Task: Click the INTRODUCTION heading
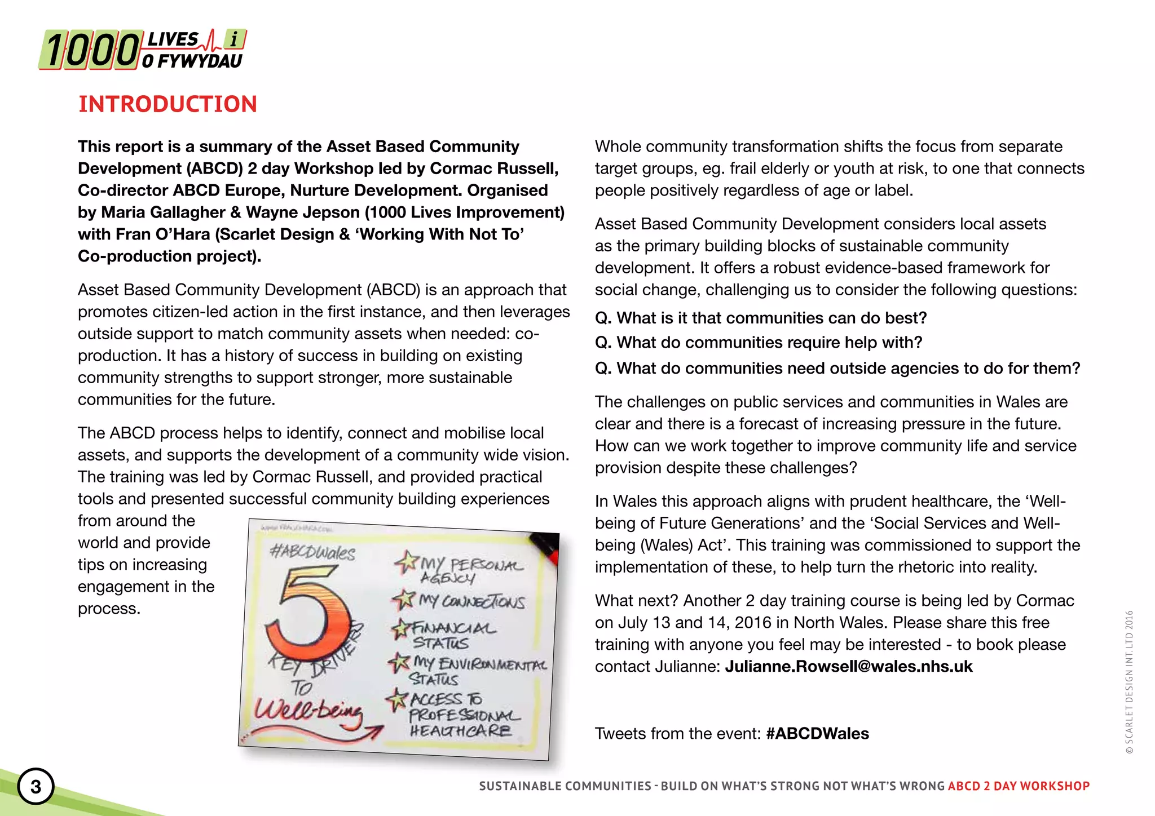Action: [x=167, y=104]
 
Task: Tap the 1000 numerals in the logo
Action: [x=90, y=51]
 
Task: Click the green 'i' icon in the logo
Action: [x=234, y=39]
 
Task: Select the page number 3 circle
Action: [x=36, y=786]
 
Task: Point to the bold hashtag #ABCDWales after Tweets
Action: [x=817, y=734]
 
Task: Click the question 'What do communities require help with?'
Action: [x=759, y=343]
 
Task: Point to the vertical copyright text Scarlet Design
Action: [x=1128, y=682]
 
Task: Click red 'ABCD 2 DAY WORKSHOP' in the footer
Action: [x=1019, y=786]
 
